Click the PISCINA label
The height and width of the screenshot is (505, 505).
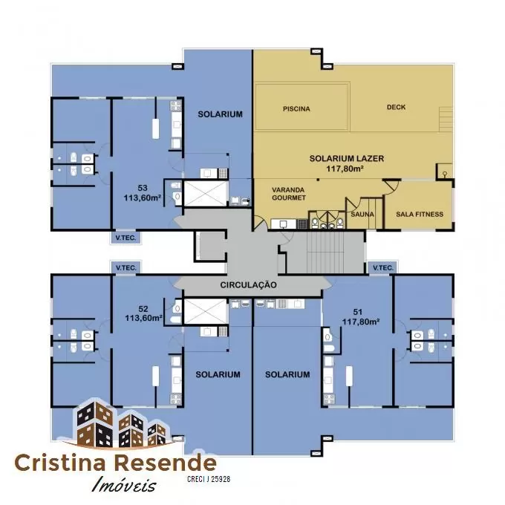296,109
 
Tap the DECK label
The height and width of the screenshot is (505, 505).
396,107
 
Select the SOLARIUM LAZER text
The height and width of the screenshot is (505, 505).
347,158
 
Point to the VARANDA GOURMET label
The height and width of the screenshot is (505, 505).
289,194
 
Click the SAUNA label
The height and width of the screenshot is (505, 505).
362,214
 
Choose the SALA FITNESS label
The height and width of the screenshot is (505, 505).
420,214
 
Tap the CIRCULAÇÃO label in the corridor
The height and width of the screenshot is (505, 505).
248,284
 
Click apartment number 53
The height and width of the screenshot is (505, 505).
143,188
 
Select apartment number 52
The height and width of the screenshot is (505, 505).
143,309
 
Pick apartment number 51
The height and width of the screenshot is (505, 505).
357,312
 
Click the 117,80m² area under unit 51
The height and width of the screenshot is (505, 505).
360,322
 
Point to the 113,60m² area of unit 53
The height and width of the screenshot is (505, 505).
143,198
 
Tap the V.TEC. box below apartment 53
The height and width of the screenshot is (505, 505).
126,238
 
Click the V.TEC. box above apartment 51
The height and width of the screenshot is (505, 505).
382,267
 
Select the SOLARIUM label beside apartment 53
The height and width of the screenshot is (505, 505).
220,114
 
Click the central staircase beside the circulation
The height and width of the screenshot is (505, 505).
325,252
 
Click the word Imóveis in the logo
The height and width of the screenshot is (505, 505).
124,484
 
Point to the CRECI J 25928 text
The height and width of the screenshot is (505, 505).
209,479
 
